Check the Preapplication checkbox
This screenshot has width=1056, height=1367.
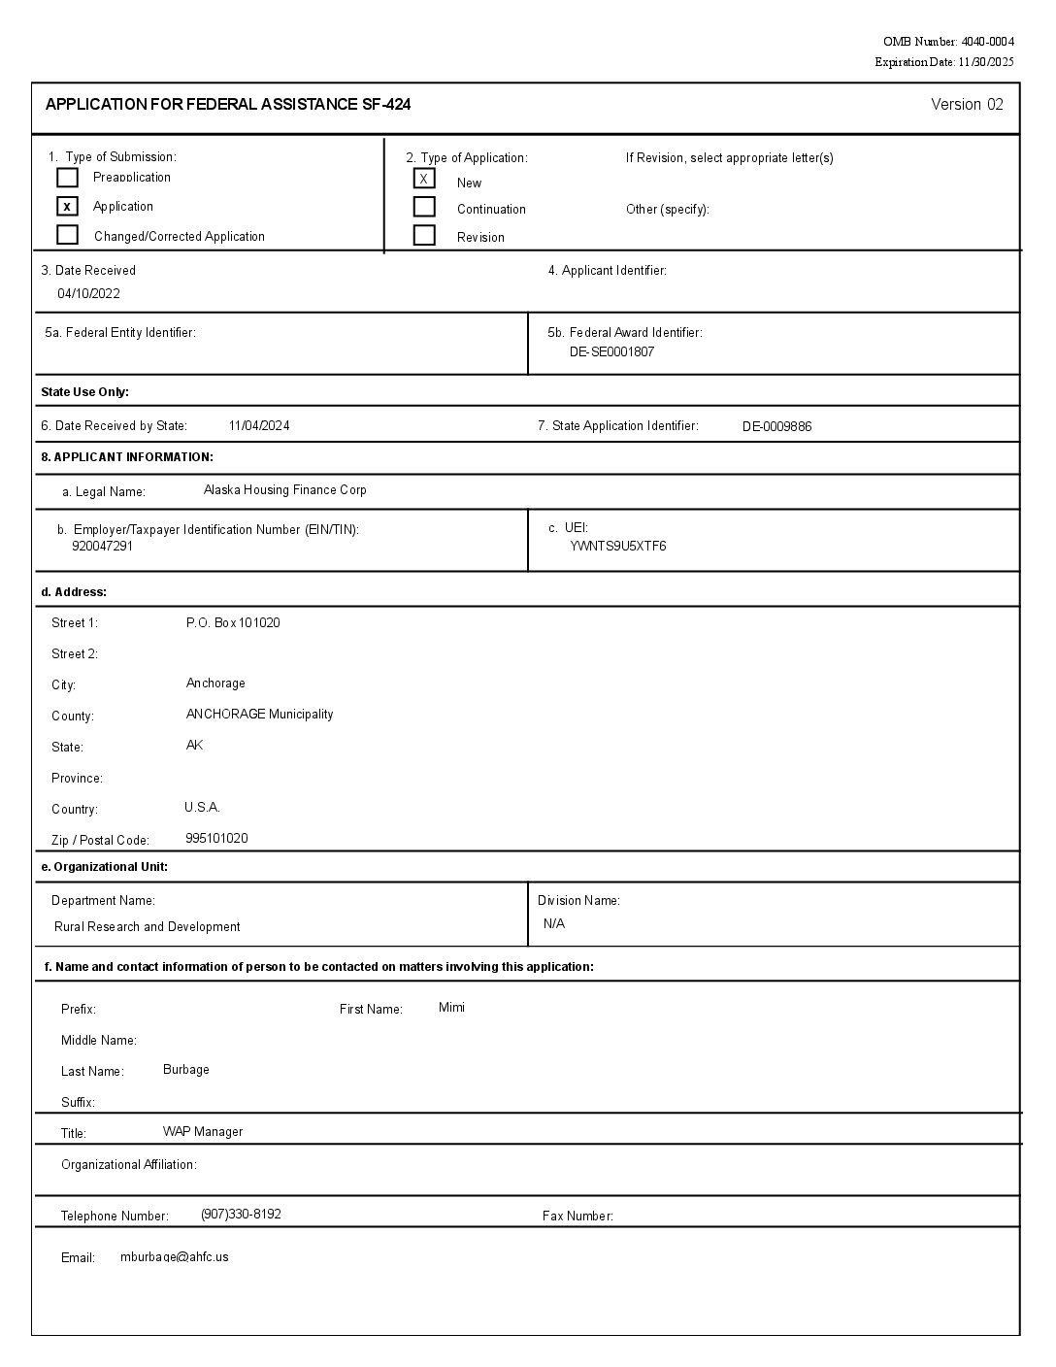[x=67, y=178]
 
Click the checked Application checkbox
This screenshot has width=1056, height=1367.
[x=67, y=206]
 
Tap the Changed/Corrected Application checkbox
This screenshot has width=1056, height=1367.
[x=67, y=235]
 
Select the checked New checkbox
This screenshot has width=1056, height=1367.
[x=424, y=179]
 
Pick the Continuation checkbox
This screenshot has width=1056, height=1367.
[x=424, y=207]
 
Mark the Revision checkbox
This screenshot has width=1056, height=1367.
[x=424, y=235]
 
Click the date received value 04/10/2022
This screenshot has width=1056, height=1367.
[x=88, y=293]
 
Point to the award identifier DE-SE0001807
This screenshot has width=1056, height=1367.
[x=611, y=351]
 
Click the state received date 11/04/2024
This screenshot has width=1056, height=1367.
[x=259, y=425]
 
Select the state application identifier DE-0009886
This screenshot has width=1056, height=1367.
[x=776, y=426]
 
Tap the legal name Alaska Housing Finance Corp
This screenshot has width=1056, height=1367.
[x=285, y=490]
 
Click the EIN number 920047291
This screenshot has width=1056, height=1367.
[x=102, y=546]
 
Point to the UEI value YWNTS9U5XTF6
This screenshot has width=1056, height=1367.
[x=618, y=546]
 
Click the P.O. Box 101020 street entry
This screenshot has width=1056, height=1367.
[x=233, y=622]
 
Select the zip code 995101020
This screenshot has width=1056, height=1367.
[x=216, y=838]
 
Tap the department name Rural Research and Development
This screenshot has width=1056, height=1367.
[x=148, y=926]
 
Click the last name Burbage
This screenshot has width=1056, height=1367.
[x=186, y=1069]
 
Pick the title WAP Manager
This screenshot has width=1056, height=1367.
[x=203, y=1131]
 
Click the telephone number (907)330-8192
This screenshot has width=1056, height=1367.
[x=241, y=1214]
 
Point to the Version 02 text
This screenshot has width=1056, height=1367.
[x=967, y=105]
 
